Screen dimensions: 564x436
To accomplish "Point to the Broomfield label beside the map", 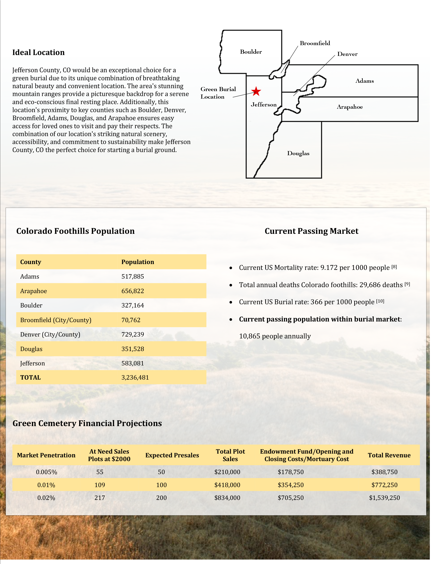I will [x=315, y=43].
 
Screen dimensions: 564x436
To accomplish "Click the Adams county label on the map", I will [x=365, y=81].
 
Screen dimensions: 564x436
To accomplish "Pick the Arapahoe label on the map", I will [x=350, y=107].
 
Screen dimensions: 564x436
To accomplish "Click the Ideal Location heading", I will [x=38, y=52].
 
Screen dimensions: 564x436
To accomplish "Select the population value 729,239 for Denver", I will [x=133, y=334].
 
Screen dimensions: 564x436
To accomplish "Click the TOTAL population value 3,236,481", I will [x=135, y=378].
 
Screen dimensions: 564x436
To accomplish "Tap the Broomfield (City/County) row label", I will [x=56, y=320].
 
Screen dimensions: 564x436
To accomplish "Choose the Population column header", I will [x=138, y=262].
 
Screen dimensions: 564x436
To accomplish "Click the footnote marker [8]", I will [x=394, y=267].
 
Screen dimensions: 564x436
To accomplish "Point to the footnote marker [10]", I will [x=380, y=301].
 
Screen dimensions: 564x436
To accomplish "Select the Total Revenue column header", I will [x=389, y=455].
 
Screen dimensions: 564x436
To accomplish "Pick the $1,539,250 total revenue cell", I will [x=384, y=498].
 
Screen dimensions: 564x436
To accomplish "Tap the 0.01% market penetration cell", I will [x=46, y=485].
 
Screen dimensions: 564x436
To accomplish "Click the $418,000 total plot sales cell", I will [x=227, y=485].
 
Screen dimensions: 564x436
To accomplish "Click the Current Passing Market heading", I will [x=312, y=231].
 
